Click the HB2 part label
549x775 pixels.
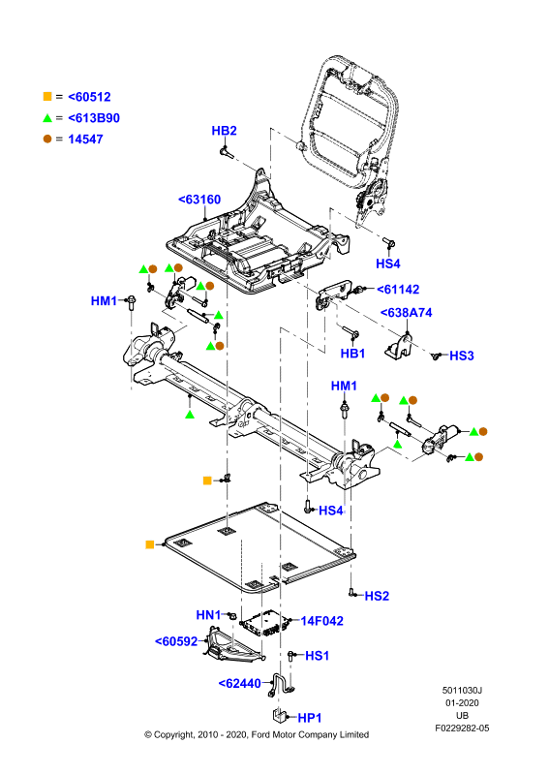(x=224, y=131)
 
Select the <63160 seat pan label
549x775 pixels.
(x=199, y=200)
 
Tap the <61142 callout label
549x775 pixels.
(x=398, y=289)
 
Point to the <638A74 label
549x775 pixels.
(x=407, y=312)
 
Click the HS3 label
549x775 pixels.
(x=462, y=356)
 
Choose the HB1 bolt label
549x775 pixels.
(x=352, y=353)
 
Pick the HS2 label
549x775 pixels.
(x=377, y=596)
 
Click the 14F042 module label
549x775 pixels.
(x=322, y=621)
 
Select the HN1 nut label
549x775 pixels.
(x=208, y=615)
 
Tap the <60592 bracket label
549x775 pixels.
(x=176, y=641)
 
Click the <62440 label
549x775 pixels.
(x=240, y=683)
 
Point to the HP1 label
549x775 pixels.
(x=310, y=717)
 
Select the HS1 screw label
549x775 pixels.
(x=317, y=656)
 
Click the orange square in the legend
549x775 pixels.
(x=47, y=96)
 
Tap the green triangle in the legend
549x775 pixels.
(x=47, y=117)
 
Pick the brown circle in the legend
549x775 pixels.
(x=47, y=139)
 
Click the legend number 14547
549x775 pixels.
(x=85, y=139)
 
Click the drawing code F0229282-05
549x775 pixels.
(x=462, y=728)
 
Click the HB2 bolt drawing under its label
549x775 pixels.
(x=227, y=152)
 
